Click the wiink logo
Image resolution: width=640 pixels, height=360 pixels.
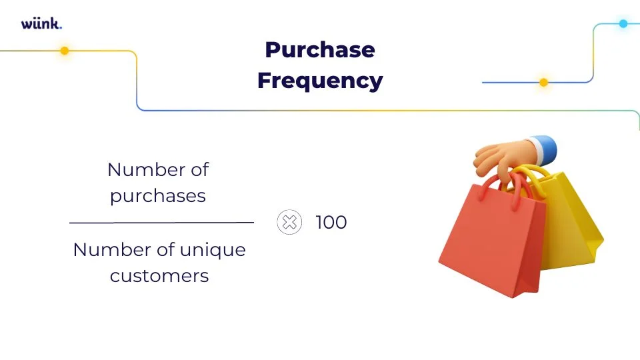[x=41, y=24]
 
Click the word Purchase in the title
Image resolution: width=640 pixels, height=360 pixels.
[x=320, y=50]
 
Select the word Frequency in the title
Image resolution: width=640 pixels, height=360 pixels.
[x=320, y=81]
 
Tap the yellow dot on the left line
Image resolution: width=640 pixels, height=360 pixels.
[x=65, y=51]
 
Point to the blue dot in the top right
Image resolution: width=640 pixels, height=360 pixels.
[x=623, y=23]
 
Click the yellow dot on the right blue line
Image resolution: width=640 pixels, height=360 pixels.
[x=543, y=83]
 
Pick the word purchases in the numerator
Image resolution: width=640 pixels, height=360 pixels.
[x=158, y=196]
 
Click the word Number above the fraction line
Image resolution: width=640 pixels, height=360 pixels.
[x=138, y=169]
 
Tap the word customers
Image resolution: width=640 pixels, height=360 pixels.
[x=159, y=275]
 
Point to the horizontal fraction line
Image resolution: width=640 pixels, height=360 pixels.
[x=161, y=222]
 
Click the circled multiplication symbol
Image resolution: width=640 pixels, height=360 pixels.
[x=289, y=222]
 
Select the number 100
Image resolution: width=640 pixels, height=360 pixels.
[x=331, y=222]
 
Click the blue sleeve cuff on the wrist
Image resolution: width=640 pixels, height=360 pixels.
[x=543, y=147]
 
